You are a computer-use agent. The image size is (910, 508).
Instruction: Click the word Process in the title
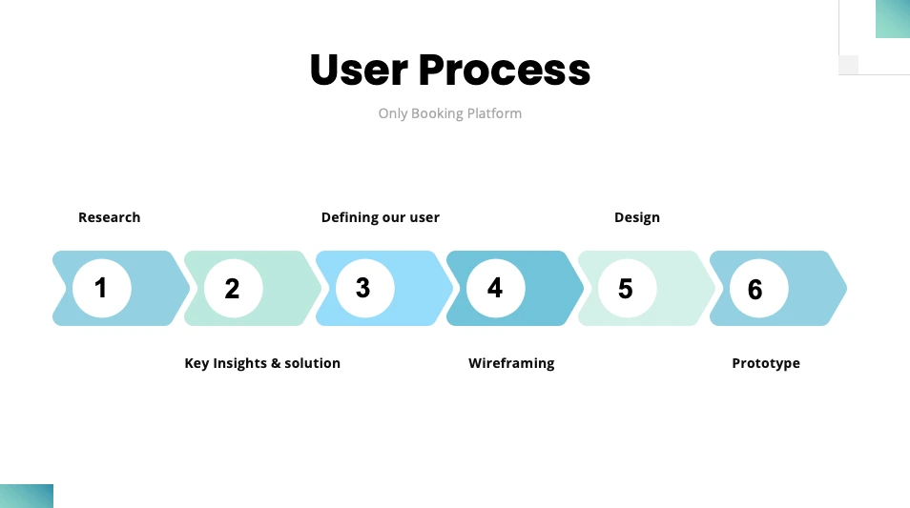505,71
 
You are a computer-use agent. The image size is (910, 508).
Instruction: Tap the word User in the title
360,71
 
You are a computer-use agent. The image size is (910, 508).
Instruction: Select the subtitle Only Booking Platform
450,113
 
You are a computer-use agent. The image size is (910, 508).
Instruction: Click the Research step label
109,217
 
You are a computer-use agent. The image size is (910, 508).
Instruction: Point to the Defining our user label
381,217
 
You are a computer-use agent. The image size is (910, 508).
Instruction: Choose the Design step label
636,217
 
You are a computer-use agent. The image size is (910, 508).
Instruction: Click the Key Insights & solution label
262,363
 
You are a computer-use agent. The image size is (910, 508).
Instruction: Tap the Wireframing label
511,363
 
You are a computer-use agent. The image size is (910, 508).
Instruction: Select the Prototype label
766,363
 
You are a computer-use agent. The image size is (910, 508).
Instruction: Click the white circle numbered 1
102,288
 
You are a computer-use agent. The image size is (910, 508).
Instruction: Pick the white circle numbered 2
234,288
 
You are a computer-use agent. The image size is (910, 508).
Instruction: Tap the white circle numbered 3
365,288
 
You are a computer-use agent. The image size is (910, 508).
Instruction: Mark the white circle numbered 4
496,288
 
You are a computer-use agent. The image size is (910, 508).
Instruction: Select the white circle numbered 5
628,288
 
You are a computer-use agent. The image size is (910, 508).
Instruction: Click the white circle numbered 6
759,288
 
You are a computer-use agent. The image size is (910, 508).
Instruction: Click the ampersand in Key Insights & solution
275,363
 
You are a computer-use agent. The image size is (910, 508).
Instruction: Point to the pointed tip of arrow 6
847,288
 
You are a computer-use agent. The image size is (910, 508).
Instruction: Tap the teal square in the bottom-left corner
27,496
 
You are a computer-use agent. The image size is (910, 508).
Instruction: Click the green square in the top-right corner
893,19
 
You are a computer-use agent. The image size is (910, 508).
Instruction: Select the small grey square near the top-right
849,65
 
